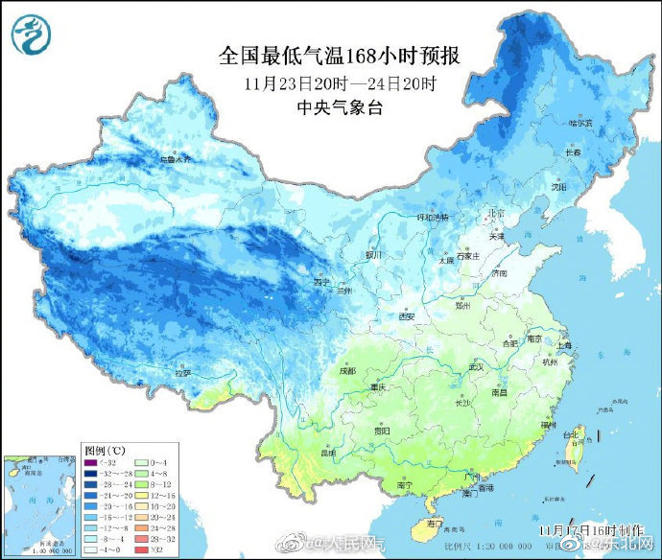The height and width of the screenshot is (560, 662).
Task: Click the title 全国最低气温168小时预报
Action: (340, 57)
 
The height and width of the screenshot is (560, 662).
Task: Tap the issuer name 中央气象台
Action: (340, 107)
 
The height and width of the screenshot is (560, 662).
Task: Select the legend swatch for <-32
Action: (93, 462)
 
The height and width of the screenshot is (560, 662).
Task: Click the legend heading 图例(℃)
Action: (105, 449)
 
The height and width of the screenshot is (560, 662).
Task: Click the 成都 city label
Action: (346, 370)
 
